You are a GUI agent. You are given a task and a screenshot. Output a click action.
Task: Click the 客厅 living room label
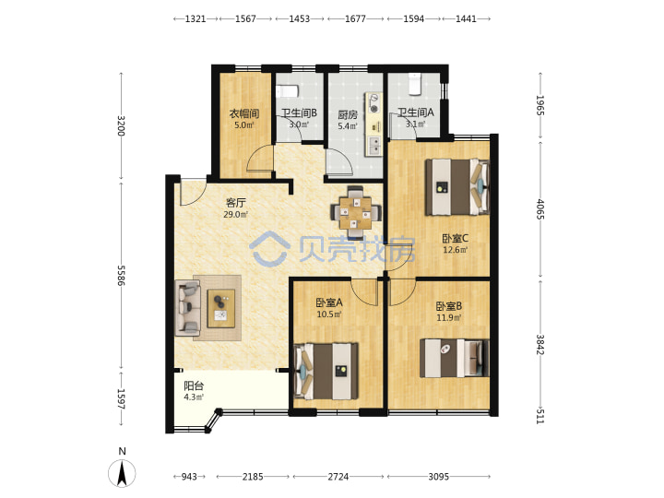[x=236, y=202]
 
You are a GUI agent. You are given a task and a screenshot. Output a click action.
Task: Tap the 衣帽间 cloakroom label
[x=244, y=113]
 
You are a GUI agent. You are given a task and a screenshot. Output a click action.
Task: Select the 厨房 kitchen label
[x=348, y=114]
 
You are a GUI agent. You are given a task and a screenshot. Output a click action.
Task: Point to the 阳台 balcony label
[x=194, y=385]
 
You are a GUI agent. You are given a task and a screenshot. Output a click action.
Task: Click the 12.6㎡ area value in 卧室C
[x=456, y=250]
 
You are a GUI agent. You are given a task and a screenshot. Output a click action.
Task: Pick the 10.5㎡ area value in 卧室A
[x=329, y=314]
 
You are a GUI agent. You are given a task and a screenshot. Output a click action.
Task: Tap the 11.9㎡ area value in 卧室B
[x=449, y=317]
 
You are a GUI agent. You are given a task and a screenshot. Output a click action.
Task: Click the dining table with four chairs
[x=356, y=213]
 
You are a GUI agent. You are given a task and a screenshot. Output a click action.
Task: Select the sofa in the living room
[x=187, y=308]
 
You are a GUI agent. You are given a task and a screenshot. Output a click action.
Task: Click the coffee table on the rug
[x=221, y=309]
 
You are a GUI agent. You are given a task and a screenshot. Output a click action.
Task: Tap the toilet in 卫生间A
[x=415, y=84]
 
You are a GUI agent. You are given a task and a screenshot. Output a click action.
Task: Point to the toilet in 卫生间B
[x=288, y=91]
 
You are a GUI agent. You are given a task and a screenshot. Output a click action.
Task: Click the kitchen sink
[x=374, y=146]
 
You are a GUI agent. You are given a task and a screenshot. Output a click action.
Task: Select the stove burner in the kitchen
[x=373, y=103]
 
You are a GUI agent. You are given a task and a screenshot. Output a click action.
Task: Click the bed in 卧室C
[x=457, y=186]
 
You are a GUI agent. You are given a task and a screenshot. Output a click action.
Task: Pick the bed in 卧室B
[x=455, y=358]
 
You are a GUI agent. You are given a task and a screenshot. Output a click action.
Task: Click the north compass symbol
[x=122, y=473]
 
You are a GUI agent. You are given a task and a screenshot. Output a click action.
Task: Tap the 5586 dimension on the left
[x=121, y=275]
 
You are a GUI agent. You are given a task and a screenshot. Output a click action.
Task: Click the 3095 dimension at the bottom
[x=439, y=477]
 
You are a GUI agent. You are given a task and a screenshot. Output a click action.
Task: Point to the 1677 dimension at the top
[x=355, y=18]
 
